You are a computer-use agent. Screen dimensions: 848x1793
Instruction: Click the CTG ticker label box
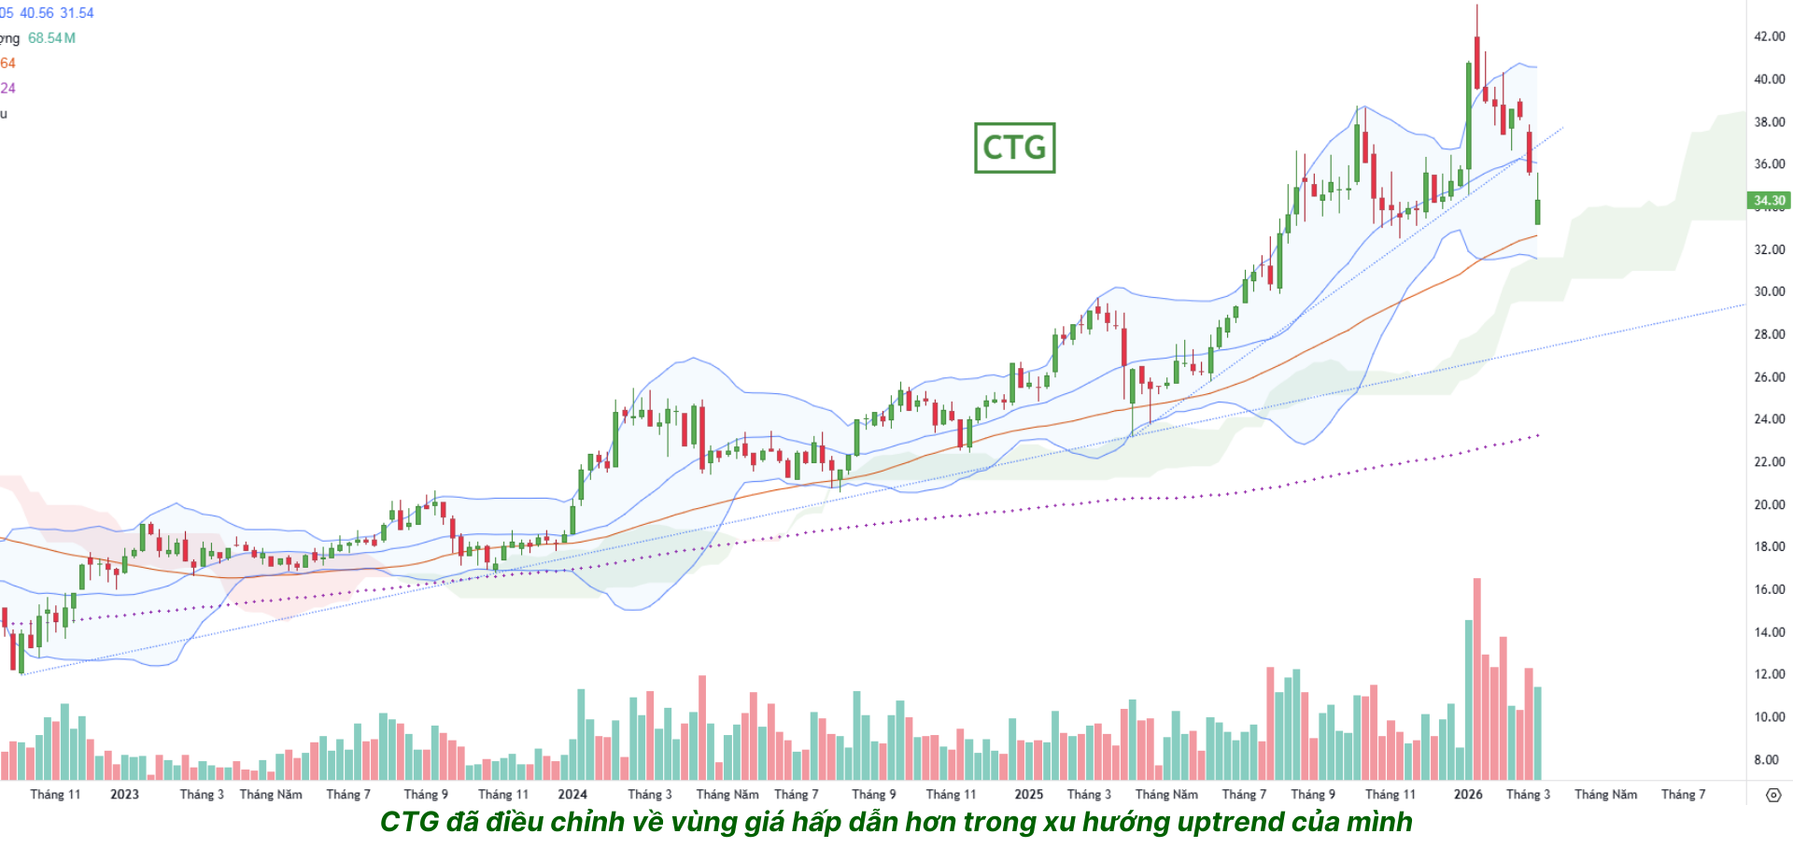point(1014,148)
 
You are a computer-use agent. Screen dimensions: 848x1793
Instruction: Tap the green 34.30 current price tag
point(1769,200)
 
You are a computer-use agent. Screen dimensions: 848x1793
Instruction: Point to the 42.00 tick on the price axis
point(1769,36)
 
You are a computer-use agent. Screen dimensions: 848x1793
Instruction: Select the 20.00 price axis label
point(1769,504)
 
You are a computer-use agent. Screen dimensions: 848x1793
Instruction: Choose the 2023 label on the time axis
point(124,794)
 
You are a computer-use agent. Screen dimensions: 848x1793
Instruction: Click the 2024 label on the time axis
point(572,794)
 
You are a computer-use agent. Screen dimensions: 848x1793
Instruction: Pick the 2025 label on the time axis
point(1028,794)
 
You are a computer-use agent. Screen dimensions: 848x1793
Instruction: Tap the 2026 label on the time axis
point(1468,794)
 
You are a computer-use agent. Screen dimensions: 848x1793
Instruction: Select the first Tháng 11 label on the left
point(55,794)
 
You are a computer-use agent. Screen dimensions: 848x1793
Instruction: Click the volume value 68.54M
point(51,38)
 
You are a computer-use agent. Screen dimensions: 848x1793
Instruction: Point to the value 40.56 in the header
point(36,13)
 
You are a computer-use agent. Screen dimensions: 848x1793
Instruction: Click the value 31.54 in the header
point(78,13)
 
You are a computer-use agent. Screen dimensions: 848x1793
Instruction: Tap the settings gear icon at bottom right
point(1773,795)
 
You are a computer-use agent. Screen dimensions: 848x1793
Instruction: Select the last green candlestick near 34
point(1537,211)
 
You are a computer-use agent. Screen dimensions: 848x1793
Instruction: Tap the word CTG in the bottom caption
point(409,822)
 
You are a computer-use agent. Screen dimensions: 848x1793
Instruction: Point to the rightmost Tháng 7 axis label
point(1683,794)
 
